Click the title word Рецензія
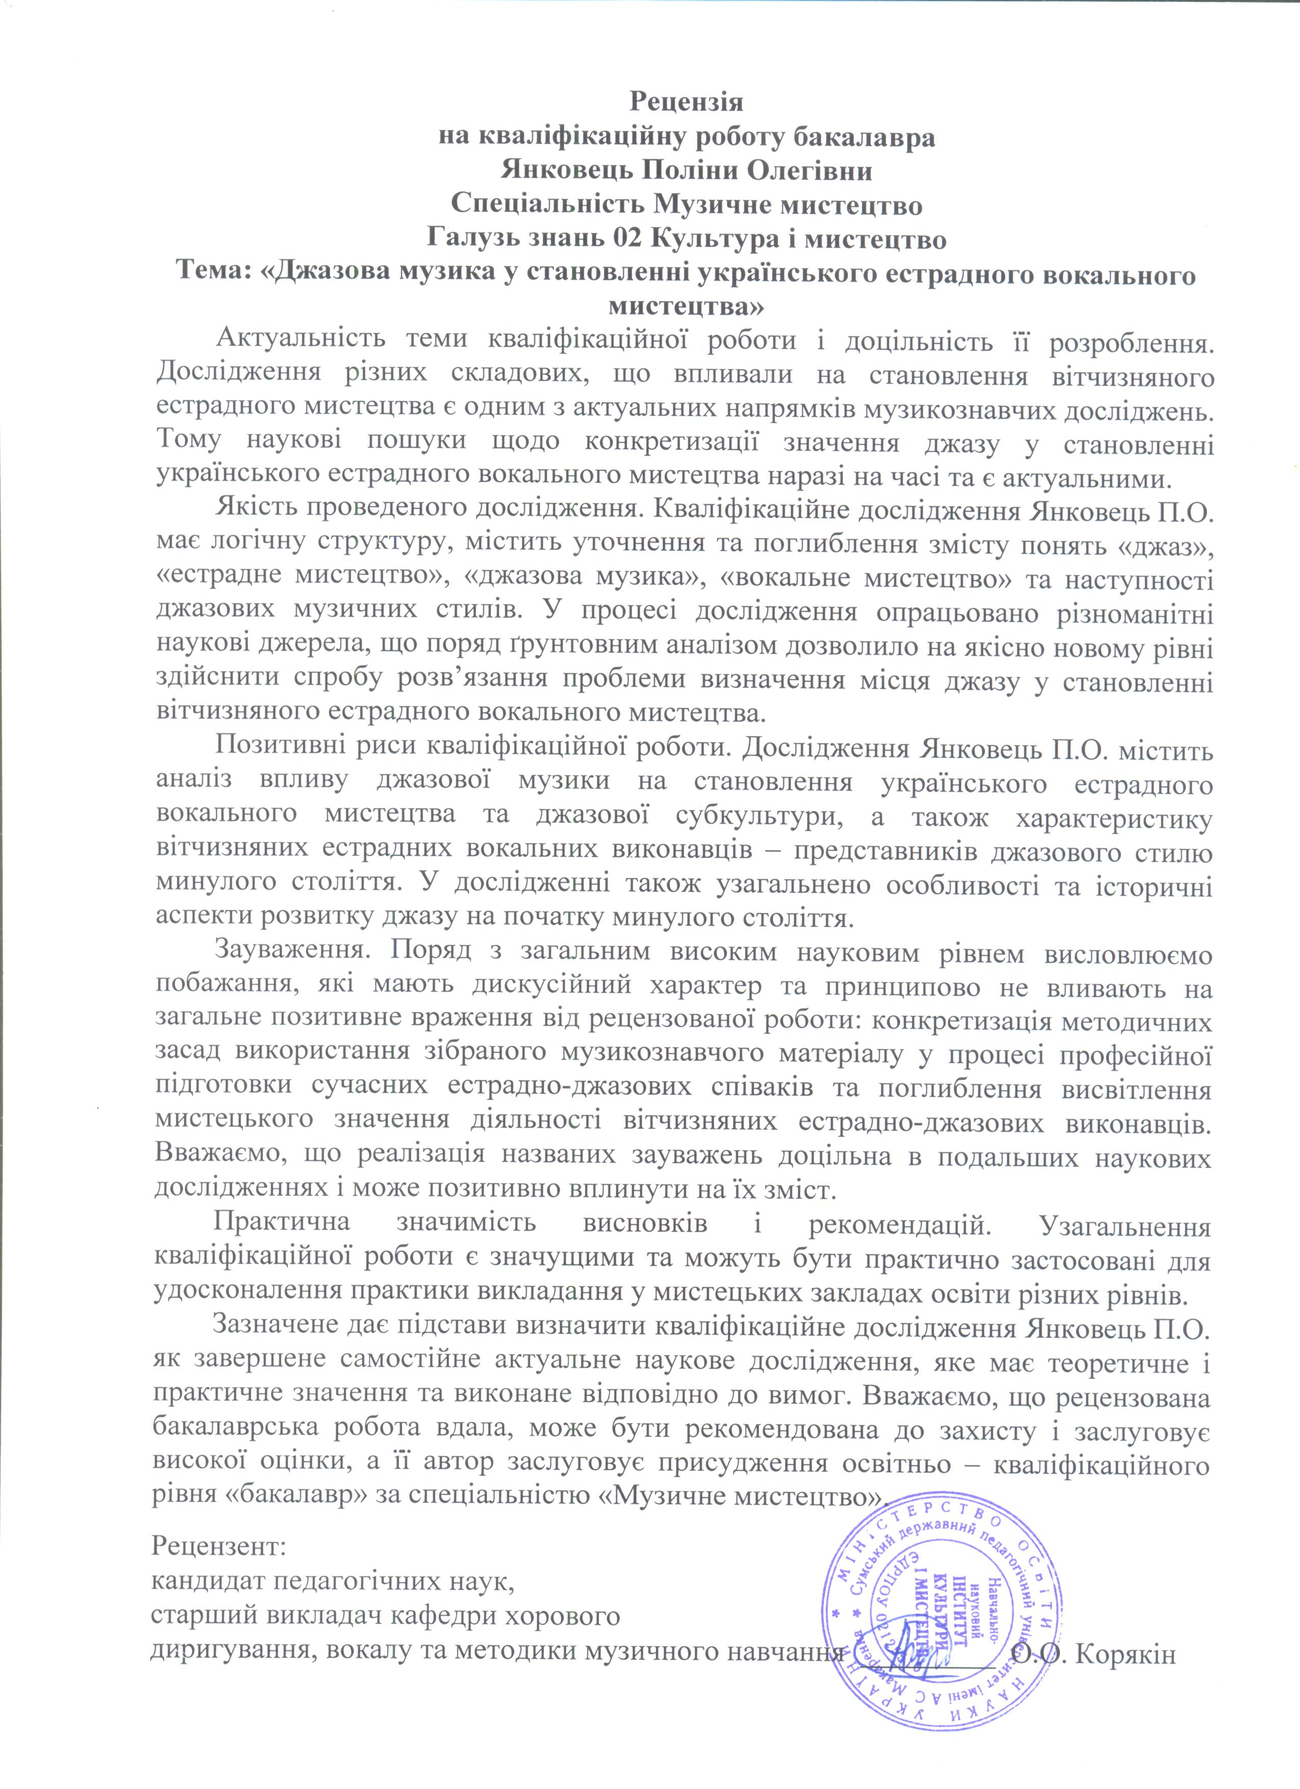click(686, 102)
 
